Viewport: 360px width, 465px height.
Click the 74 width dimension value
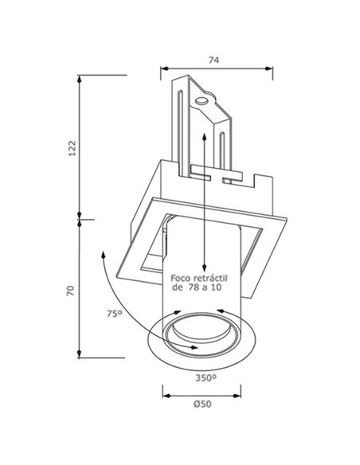pos(213,60)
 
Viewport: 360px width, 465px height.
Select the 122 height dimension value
pos(72,148)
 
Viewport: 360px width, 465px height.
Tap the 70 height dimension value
pos(71,291)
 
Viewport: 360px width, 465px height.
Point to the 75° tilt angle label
pos(115,314)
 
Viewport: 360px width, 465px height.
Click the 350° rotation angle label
pos(205,377)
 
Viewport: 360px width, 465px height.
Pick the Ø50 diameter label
pos(202,404)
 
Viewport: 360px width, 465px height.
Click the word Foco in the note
pos(180,278)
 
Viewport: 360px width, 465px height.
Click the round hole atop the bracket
pos(202,101)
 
